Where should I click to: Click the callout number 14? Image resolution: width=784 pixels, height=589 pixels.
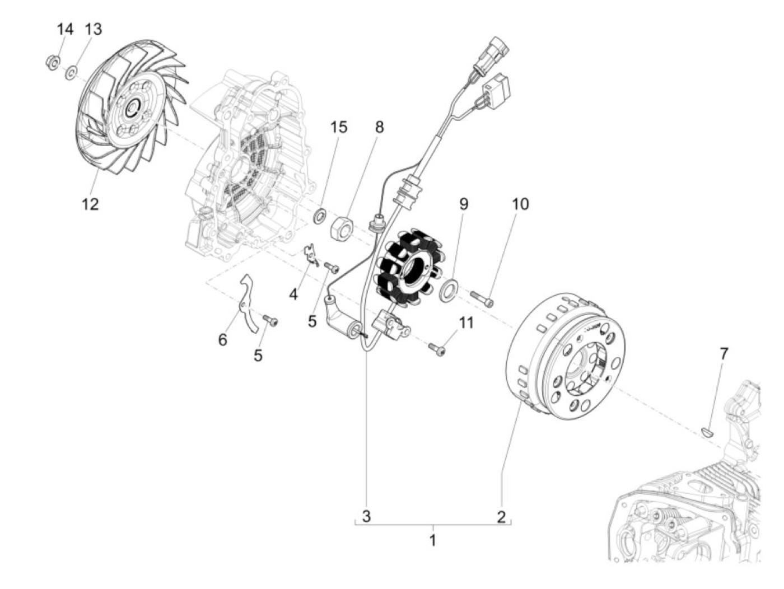[x=66, y=29]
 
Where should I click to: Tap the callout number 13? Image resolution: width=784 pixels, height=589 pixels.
[x=94, y=29]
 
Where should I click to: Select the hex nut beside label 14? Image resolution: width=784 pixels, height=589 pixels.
[x=51, y=62]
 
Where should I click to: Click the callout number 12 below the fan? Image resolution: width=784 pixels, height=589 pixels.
[x=90, y=204]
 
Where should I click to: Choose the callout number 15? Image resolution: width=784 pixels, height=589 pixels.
[x=338, y=127]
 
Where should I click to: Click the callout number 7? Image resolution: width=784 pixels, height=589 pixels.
[x=724, y=353]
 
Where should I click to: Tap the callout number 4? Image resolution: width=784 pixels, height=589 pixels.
[x=293, y=293]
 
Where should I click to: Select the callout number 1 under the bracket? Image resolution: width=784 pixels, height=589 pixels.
[x=432, y=540]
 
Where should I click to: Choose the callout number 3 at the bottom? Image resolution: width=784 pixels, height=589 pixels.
[x=366, y=516]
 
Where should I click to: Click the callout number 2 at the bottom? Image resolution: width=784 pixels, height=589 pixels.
[x=501, y=516]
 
